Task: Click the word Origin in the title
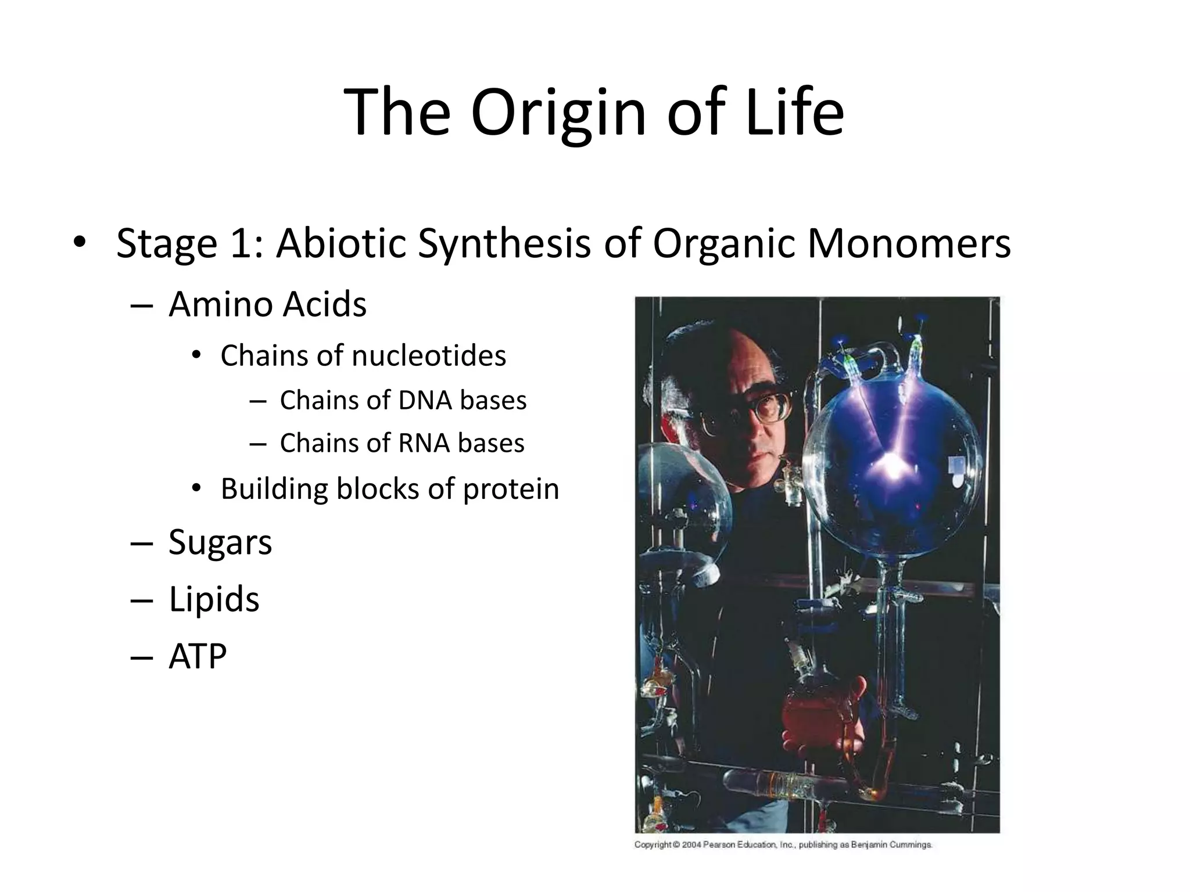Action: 558,113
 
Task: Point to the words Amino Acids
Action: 267,304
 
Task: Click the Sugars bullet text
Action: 220,542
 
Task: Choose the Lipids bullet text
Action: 214,599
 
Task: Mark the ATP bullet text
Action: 198,656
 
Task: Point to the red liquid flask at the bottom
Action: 813,714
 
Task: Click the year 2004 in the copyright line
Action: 691,845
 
